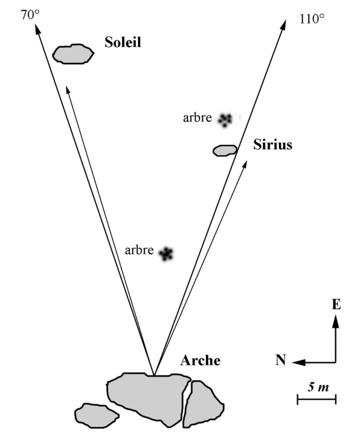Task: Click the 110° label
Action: (x=311, y=19)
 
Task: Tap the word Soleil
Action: (x=123, y=44)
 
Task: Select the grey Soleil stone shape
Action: (x=73, y=54)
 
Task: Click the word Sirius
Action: (x=273, y=144)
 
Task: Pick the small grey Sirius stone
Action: (x=225, y=150)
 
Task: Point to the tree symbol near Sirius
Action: (x=225, y=119)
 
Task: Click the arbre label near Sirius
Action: (x=197, y=118)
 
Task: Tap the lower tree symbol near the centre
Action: (x=166, y=254)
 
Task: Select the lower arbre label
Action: (x=139, y=250)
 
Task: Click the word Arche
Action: (x=200, y=361)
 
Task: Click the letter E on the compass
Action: (x=336, y=305)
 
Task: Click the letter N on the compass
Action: (x=281, y=360)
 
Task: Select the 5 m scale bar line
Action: (x=317, y=399)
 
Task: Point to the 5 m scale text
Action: (x=317, y=388)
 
